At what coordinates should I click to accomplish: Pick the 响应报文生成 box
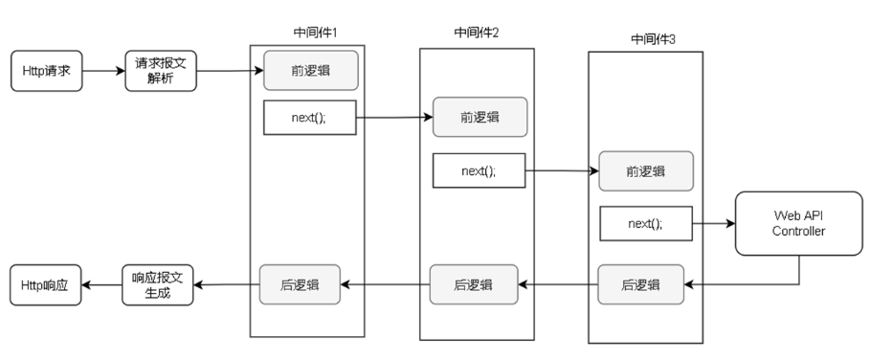159,285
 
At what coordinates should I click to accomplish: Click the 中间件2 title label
477,33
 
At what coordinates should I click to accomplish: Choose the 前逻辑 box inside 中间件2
479,117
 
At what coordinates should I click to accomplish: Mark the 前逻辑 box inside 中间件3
647,171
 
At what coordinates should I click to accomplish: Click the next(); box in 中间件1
309,118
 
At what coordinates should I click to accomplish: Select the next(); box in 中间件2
479,170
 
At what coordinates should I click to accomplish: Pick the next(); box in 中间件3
646,223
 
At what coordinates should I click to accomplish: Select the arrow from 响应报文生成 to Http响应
102,285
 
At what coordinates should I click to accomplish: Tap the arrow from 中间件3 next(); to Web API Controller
712,224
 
